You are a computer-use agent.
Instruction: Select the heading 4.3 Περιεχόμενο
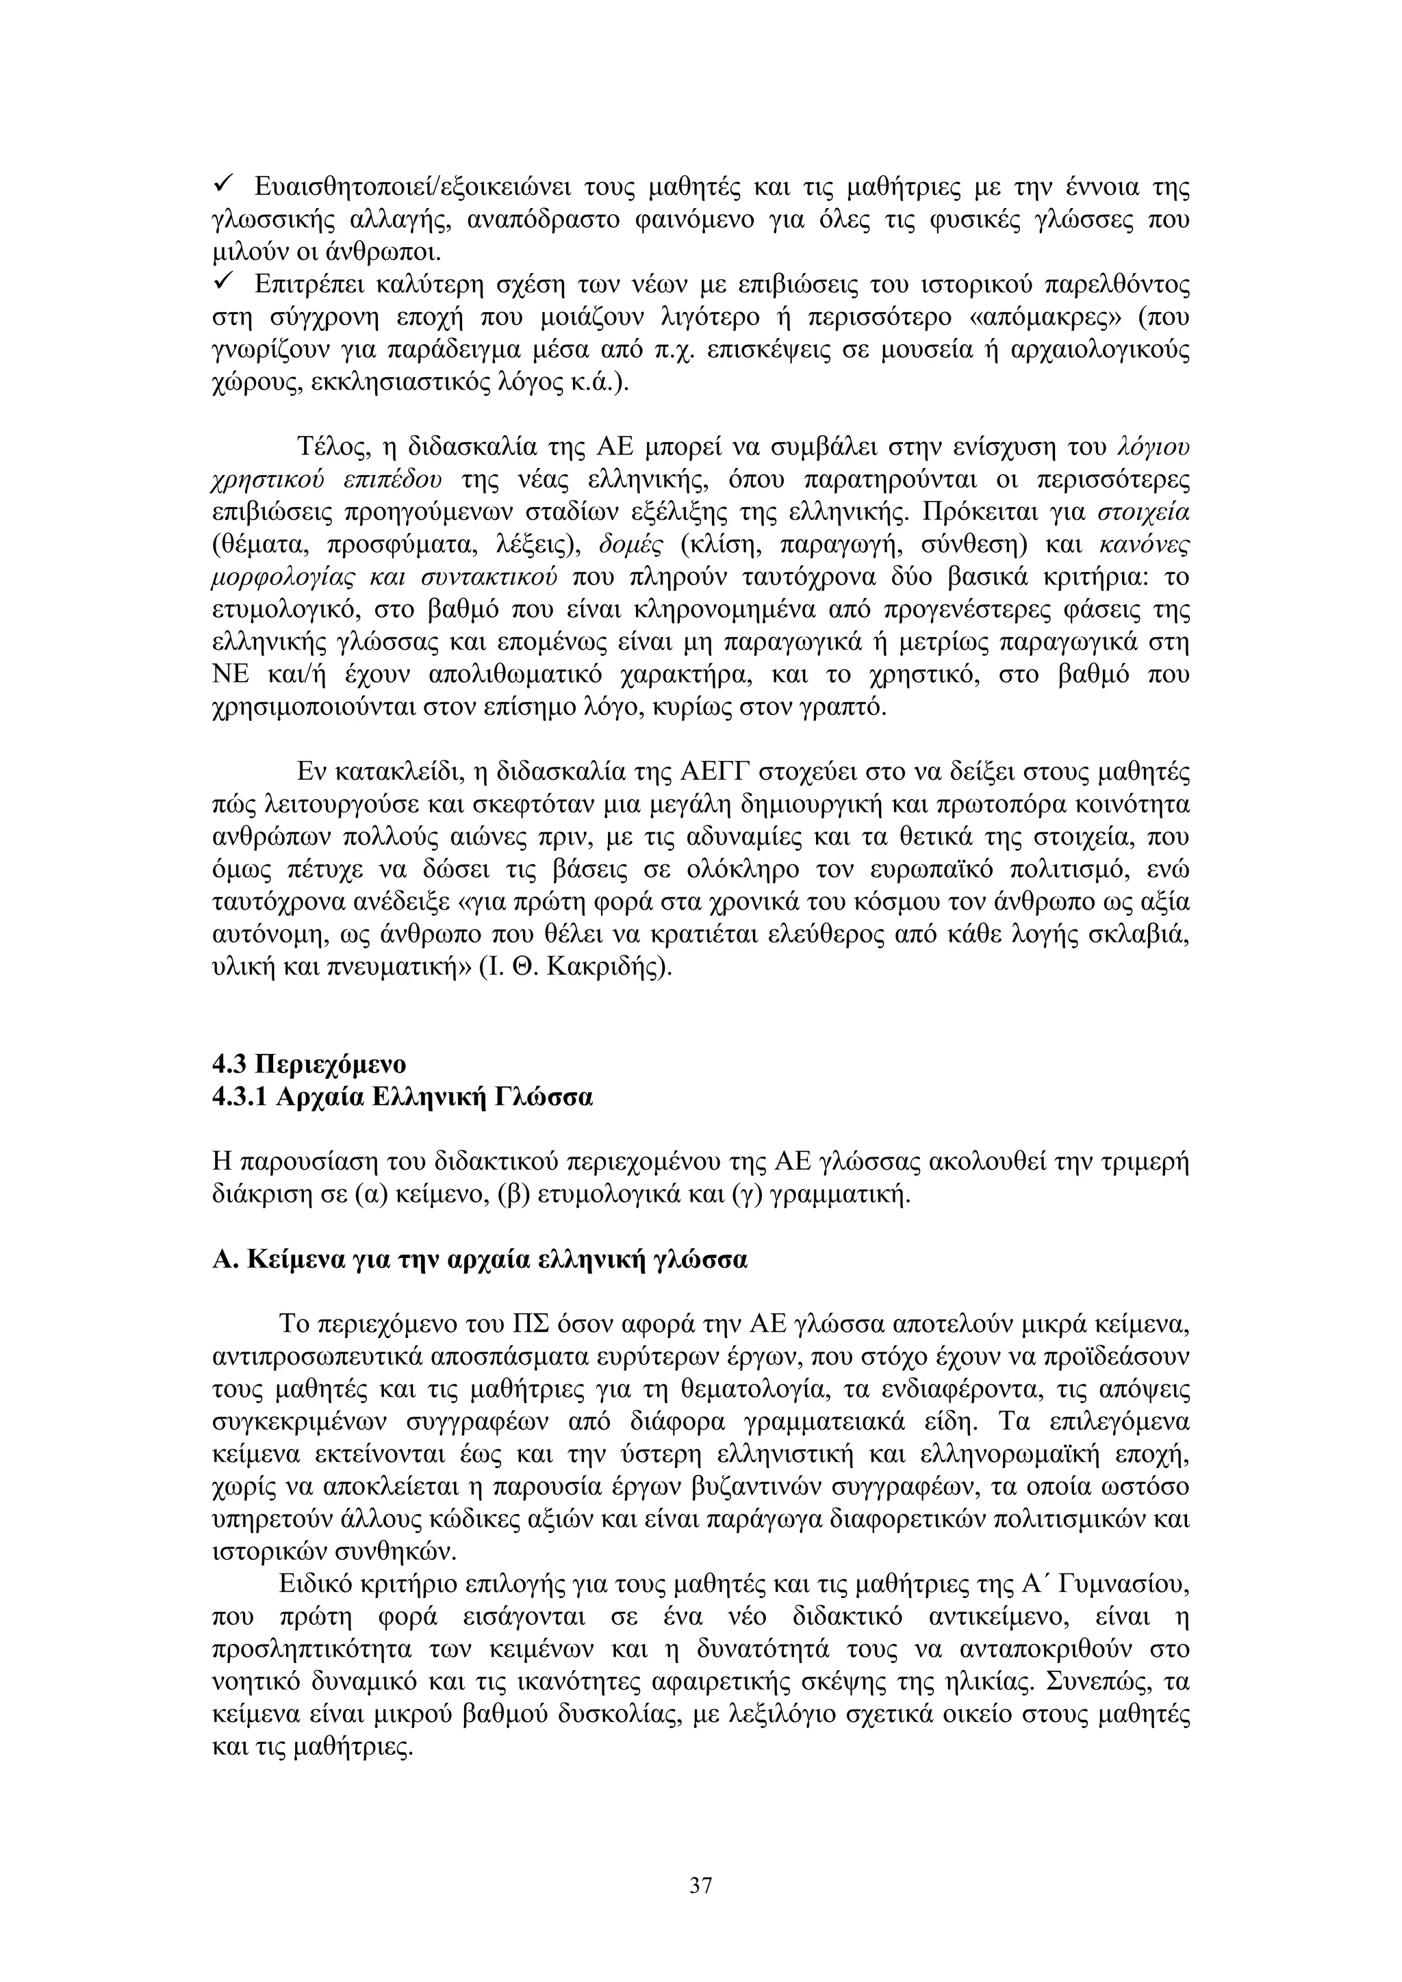click(x=308, y=1063)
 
